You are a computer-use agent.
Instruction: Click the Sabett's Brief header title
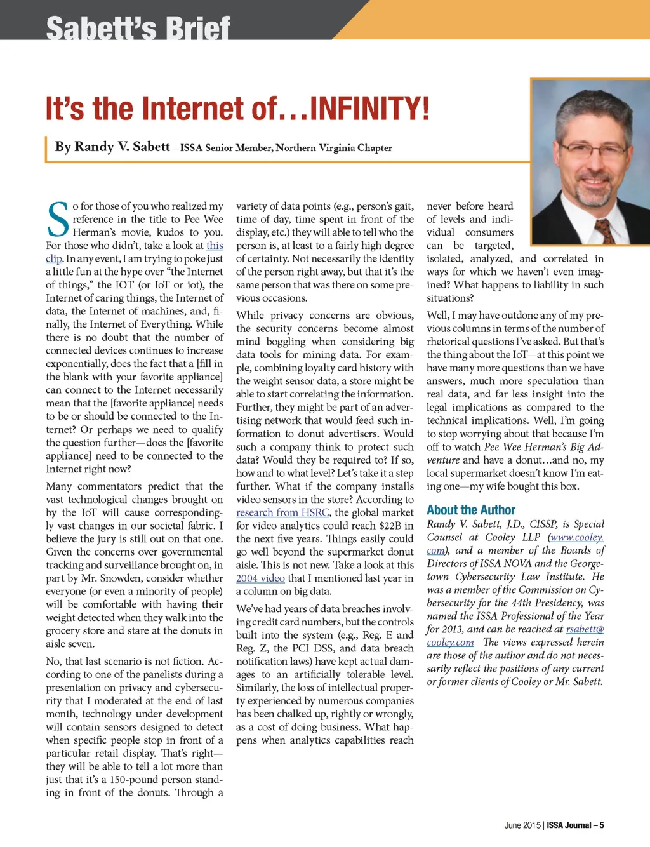(x=138, y=29)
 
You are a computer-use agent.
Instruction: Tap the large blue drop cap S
(x=58, y=220)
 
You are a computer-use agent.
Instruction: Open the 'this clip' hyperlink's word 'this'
(x=215, y=246)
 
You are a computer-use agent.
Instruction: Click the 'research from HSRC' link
(x=282, y=513)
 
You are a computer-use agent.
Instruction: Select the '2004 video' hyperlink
(x=260, y=578)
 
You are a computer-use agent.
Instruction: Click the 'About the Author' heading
(x=470, y=510)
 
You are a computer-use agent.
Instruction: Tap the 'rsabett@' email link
(x=585, y=629)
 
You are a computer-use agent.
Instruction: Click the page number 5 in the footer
(x=601, y=825)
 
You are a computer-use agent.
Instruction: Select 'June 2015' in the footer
(x=522, y=825)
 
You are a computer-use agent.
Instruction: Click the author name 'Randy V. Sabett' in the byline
(x=112, y=147)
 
